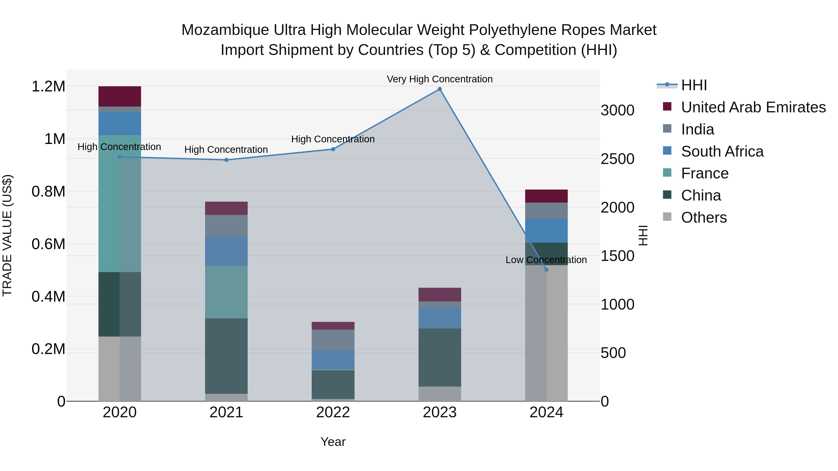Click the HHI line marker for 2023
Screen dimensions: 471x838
(x=439, y=89)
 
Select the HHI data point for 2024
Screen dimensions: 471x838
(x=546, y=270)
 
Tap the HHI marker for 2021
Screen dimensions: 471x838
(x=226, y=160)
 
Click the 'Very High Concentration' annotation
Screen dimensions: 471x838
(x=439, y=79)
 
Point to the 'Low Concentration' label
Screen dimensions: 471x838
(x=546, y=260)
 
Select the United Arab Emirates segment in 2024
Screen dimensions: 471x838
(x=546, y=196)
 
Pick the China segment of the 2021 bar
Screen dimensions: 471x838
(x=226, y=356)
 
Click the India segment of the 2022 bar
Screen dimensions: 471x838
(x=333, y=340)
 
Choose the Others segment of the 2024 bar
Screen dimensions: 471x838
(x=546, y=333)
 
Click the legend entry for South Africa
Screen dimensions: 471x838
(x=722, y=151)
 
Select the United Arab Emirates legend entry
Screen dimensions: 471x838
(x=753, y=107)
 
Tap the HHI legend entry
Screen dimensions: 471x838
(x=694, y=85)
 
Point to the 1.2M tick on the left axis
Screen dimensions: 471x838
(x=48, y=87)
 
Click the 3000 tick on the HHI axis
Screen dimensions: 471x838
(x=617, y=110)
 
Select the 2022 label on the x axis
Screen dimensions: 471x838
(x=333, y=412)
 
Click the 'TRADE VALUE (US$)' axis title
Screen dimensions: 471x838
(x=7, y=235)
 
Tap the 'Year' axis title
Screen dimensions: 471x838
(x=333, y=442)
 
